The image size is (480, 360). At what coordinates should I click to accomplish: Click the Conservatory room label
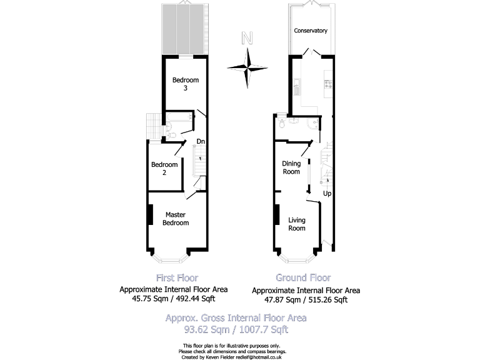[311, 31]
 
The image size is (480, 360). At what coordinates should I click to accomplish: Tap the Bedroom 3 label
[186, 84]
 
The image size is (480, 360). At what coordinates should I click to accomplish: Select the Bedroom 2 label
[164, 168]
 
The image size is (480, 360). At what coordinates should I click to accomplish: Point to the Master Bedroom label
[176, 219]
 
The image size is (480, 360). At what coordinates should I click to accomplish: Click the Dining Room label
[291, 167]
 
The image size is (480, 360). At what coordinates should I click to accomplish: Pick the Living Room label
[297, 224]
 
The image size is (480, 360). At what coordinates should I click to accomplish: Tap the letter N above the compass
[247, 39]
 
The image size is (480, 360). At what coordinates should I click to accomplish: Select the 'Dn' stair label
[201, 141]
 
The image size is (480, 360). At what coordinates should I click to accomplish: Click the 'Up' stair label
[327, 193]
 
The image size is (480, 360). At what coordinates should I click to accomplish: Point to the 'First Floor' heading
[176, 277]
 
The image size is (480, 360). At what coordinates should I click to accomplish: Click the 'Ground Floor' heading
[303, 277]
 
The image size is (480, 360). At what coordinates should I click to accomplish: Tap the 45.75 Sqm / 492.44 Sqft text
[174, 299]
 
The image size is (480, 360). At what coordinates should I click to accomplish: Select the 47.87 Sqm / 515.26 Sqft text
[306, 299]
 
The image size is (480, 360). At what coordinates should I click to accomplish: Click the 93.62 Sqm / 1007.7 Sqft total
[236, 328]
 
